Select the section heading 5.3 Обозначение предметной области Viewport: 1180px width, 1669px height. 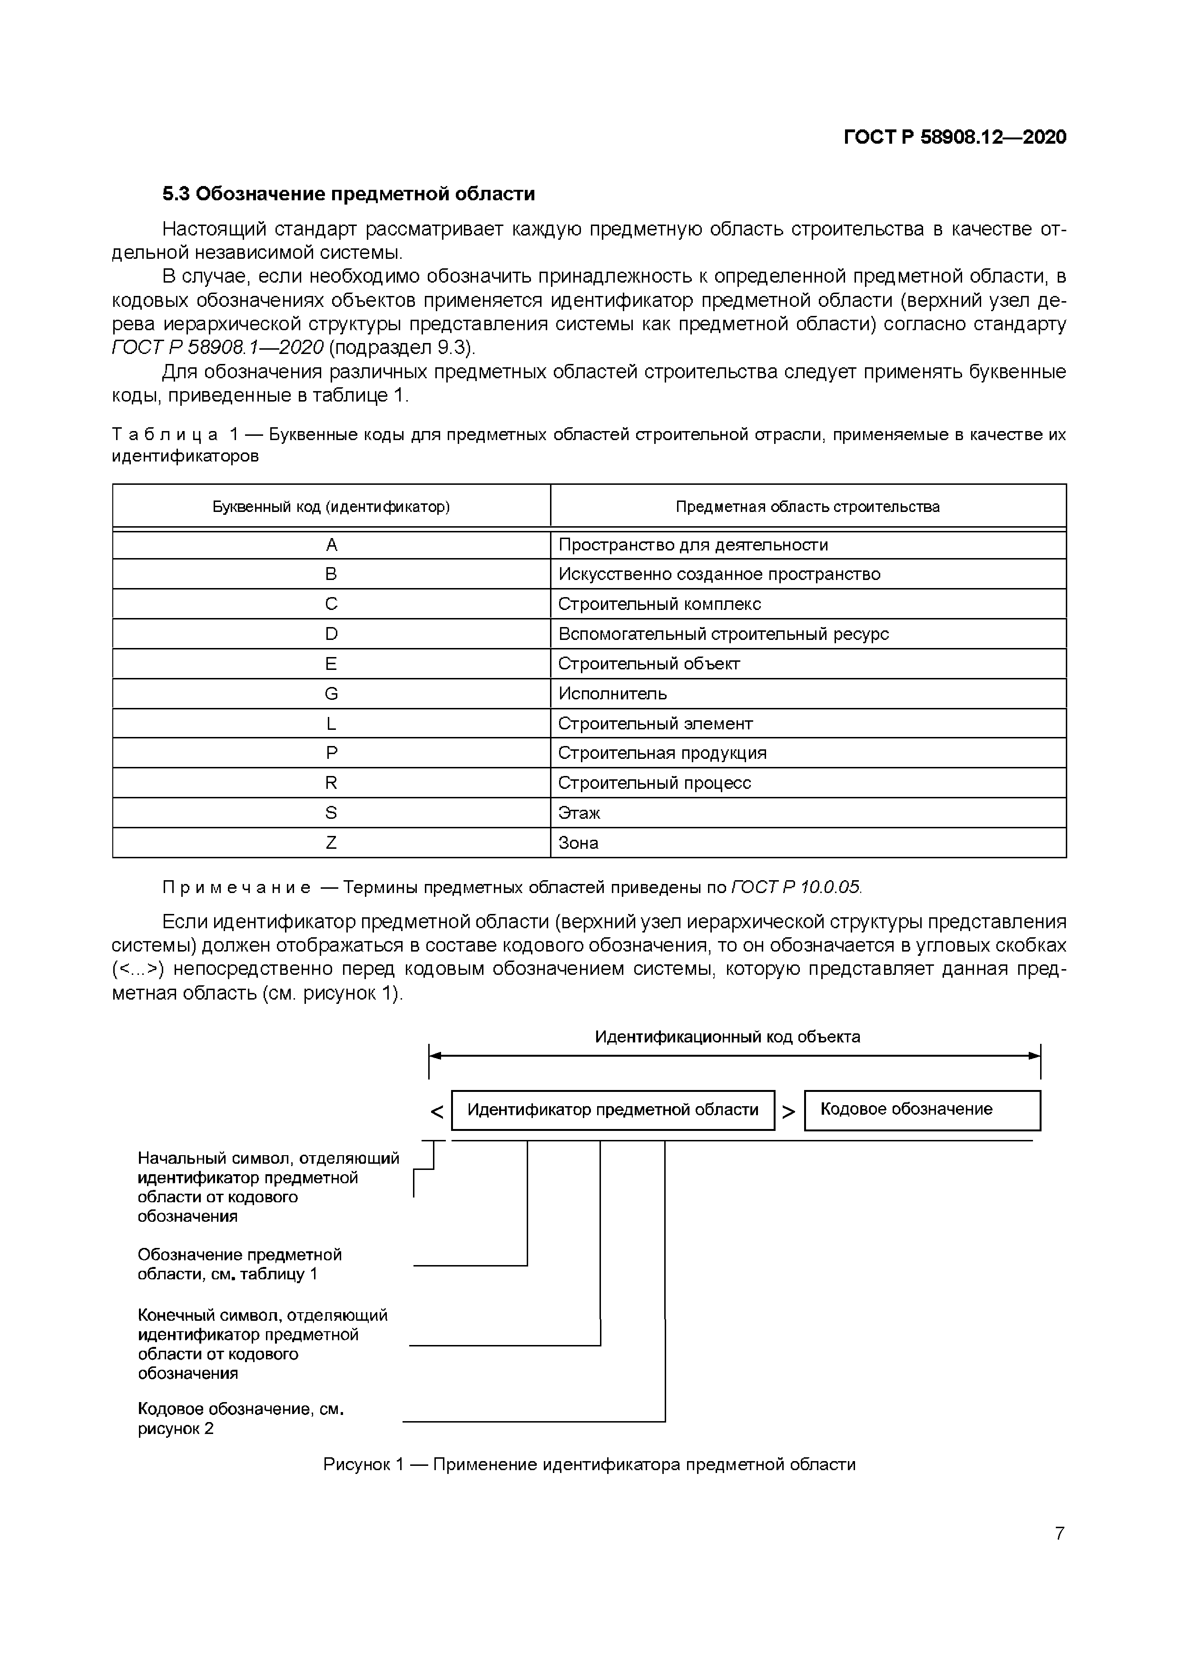348,194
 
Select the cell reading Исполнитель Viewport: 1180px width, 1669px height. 612,694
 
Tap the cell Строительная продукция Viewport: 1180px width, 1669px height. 662,753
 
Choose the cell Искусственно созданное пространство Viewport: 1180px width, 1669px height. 718,574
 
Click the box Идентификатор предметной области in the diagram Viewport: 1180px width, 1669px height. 612,1109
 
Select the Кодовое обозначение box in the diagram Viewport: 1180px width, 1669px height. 906,1109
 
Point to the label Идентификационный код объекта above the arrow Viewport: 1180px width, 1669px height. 727,1037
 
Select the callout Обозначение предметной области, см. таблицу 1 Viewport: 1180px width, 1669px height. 239,1264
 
